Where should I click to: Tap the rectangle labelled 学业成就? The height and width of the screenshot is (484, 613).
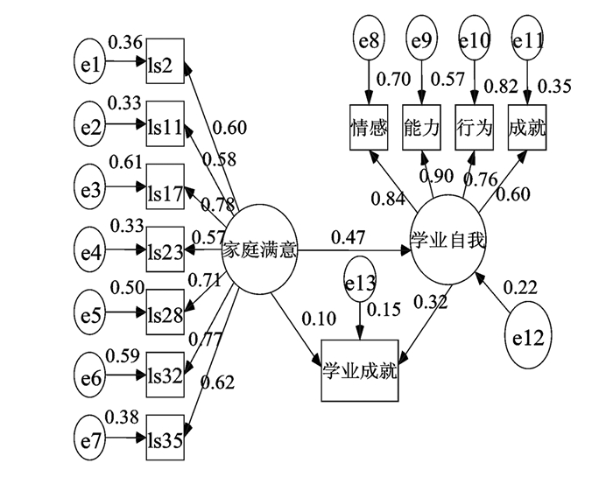coord(359,370)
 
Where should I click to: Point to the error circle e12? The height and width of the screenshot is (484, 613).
coord(529,335)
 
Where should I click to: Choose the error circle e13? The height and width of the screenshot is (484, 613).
coord(359,282)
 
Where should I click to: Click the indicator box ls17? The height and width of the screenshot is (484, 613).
coord(166,188)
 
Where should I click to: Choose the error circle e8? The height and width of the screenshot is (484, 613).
coord(368,40)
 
